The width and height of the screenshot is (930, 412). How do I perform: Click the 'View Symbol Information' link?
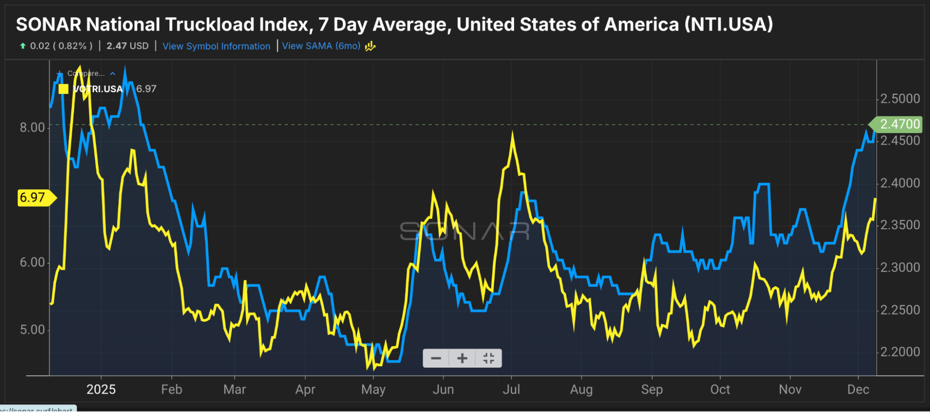216,46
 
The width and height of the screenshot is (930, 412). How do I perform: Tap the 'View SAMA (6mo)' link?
321,46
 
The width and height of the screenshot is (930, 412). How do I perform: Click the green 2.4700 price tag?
899,124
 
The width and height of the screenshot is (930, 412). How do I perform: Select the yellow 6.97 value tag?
32,198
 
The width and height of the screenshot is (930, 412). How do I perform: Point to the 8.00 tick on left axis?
32,127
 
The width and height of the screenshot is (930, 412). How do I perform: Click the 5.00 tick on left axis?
32,330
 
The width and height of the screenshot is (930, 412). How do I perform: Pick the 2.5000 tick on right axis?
899,99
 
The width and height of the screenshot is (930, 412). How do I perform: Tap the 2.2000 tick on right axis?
899,352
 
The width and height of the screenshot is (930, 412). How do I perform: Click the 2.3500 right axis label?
899,225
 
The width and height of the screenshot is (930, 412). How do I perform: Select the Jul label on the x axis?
511,389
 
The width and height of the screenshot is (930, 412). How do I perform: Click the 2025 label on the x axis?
101,389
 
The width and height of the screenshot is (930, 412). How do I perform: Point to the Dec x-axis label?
858,389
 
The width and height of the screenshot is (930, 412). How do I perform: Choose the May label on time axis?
373,389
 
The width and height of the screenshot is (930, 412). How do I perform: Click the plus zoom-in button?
462,358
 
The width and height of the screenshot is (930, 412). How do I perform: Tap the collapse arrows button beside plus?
488,358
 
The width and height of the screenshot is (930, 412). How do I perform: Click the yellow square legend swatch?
63,89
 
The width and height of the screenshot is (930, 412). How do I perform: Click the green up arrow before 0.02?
23,46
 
